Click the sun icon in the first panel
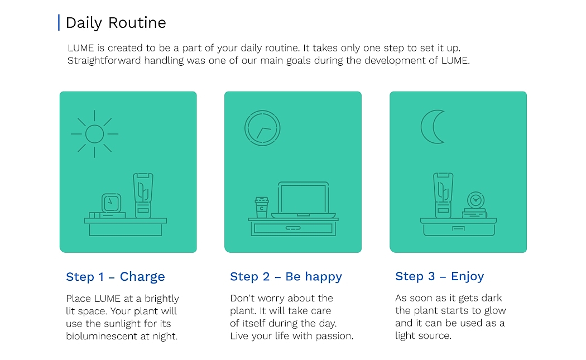point(94,134)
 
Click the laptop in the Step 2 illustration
point(304,200)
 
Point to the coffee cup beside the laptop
point(262,207)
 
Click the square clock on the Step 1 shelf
point(112,203)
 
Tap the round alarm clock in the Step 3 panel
point(475,200)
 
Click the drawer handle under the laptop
point(293,228)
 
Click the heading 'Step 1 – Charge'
point(116,277)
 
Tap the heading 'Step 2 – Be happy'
point(286,277)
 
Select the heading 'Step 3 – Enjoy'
point(440,276)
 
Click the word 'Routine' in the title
point(137,23)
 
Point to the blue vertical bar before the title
point(59,22)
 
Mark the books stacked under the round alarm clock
point(474,213)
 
